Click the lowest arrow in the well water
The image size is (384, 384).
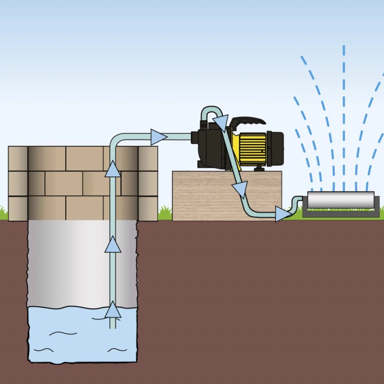pyautogui.click(x=112, y=310)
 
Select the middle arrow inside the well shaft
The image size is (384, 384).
pyautogui.click(x=112, y=245)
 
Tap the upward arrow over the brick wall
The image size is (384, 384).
pyautogui.click(x=112, y=169)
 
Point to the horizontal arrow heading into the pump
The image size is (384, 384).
pyautogui.click(x=158, y=137)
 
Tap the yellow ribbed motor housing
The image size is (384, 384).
pyautogui.click(x=252, y=149)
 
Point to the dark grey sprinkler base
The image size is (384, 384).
pyautogui.click(x=340, y=213)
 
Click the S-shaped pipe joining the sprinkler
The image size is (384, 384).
pyautogui.click(x=297, y=204)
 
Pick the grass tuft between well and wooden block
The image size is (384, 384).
pyautogui.click(x=165, y=214)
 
